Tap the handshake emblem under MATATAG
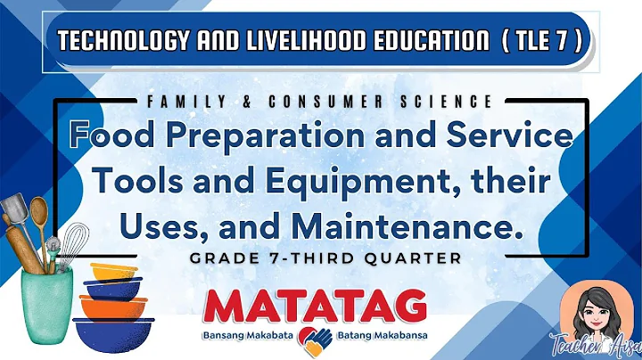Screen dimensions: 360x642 coord(313,336)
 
